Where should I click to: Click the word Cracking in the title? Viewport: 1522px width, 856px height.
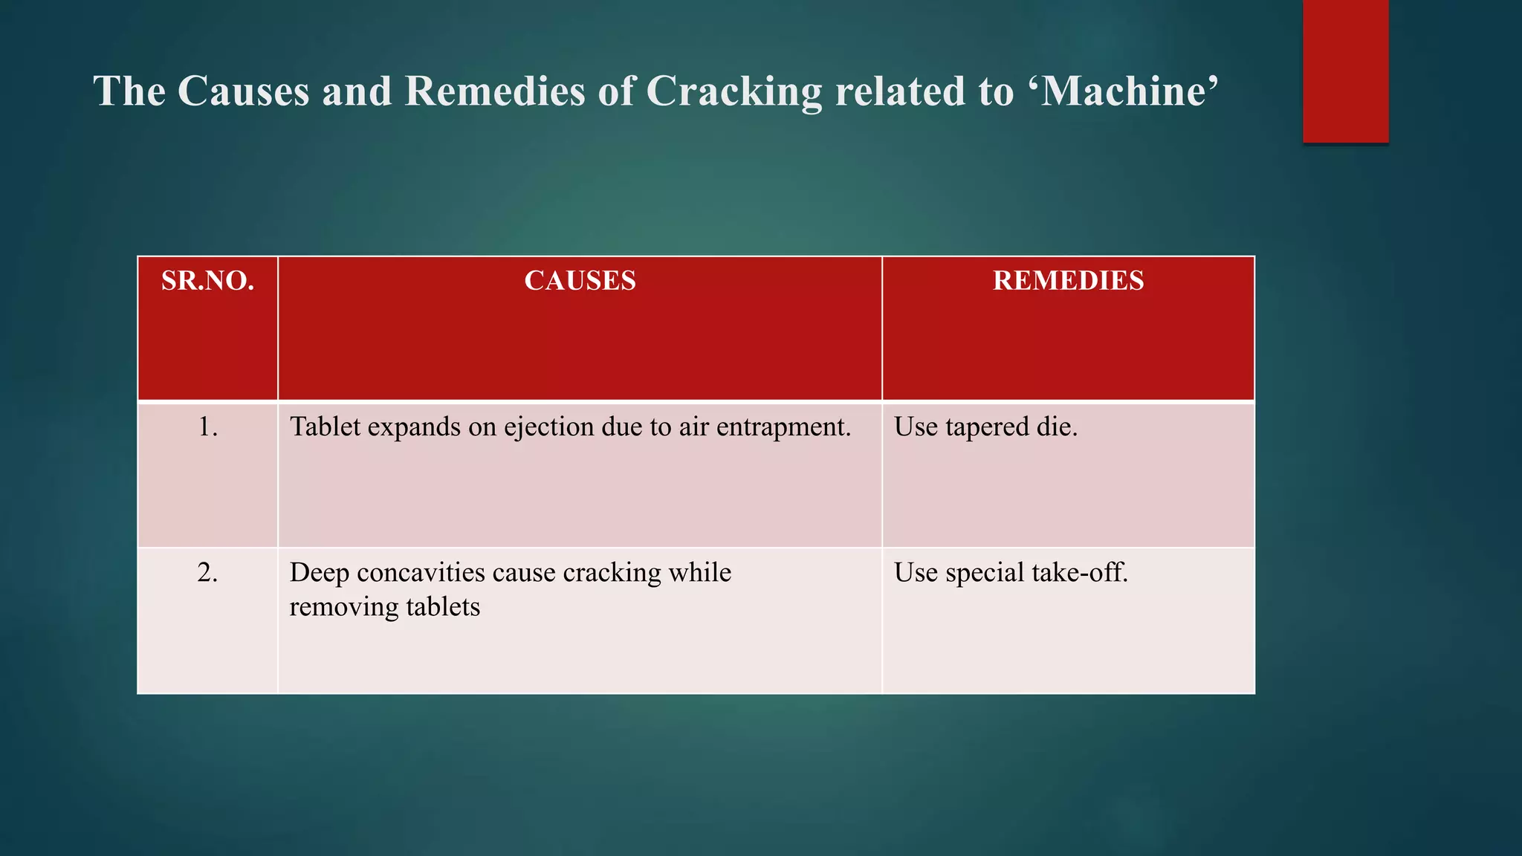point(734,92)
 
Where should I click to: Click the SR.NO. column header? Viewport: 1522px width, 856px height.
point(207,281)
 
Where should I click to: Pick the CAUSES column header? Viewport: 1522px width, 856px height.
point(580,281)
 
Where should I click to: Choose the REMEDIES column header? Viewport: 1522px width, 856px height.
point(1068,281)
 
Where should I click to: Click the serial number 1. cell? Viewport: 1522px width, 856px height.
point(207,427)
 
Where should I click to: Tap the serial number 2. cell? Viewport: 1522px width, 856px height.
point(207,572)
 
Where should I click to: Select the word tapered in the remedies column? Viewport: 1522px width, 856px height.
point(986,427)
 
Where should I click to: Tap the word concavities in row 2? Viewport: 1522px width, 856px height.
point(420,573)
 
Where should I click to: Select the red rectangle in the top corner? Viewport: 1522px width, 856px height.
point(1345,71)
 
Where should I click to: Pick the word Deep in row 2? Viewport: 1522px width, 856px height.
point(319,574)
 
